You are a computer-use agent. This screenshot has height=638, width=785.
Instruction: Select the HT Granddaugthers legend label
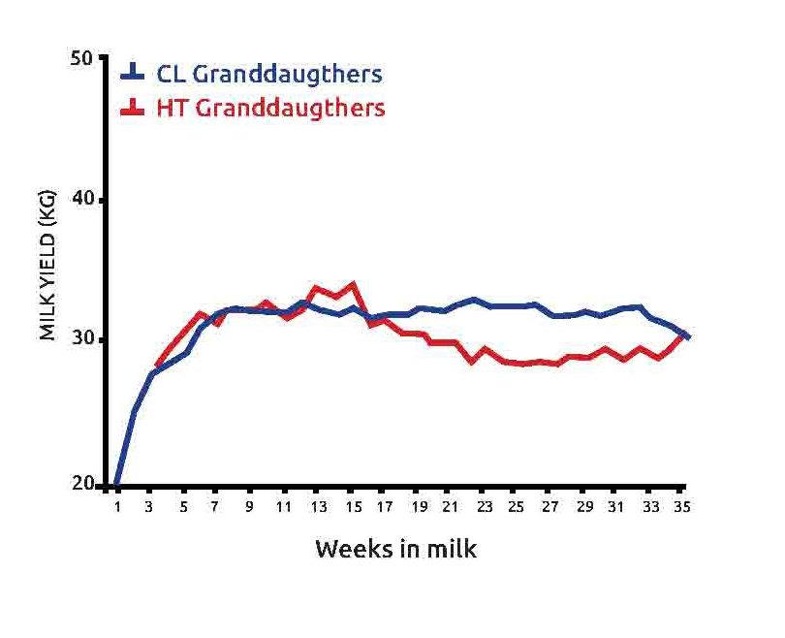(x=270, y=108)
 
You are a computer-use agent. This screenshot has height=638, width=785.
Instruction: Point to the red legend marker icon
(x=133, y=108)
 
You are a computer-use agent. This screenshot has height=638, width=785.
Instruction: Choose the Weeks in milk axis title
(x=395, y=549)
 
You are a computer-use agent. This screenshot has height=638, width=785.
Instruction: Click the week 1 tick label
(x=117, y=506)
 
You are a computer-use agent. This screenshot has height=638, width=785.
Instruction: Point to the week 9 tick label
(x=250, y=506)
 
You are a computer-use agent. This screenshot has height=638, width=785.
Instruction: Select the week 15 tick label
(x=352, y=506)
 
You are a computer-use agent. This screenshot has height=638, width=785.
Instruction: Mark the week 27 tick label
(x=550, y=506)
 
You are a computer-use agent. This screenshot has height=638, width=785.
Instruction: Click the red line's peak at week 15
(x=354, y=283)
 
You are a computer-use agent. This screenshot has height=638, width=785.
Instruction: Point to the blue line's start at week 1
(x=117, y=484)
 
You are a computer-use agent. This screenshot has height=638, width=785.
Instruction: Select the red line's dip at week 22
(x=472, y=362)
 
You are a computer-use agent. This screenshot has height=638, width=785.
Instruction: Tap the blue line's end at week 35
(x=686, y=336)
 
